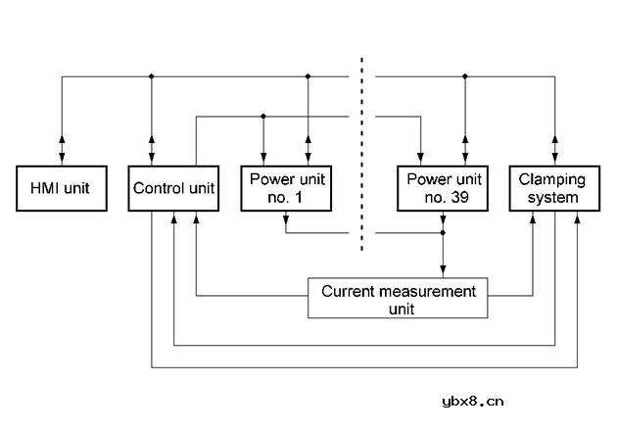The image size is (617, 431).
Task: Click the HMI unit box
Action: coord(62,188)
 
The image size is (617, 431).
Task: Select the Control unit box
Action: coord(173,188)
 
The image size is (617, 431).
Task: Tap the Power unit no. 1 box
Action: coord(286,188)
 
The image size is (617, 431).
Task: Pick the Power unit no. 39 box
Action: coord(443,188)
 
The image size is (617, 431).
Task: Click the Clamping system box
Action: coord(555,188)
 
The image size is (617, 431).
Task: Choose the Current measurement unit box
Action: coord(398,298)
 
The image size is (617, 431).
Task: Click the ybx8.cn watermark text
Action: coord(473,402)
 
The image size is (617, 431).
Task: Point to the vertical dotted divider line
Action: coord(361,154)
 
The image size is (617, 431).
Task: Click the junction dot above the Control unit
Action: coord(152,76)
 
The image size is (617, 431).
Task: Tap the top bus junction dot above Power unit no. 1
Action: coord(308,76)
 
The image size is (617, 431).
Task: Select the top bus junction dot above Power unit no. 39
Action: coord(465,76)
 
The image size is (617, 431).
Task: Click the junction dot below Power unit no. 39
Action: coord(443,233)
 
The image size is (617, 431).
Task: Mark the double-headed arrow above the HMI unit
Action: coord(62,150)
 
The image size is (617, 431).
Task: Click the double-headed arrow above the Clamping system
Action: coord(555,150)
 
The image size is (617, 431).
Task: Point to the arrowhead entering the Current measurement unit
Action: coord(443,270)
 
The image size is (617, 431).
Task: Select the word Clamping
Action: coord(551,180)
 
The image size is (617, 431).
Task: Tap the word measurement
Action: coord(428,292)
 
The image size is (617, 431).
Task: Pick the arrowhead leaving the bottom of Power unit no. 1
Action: coord(286,219)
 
